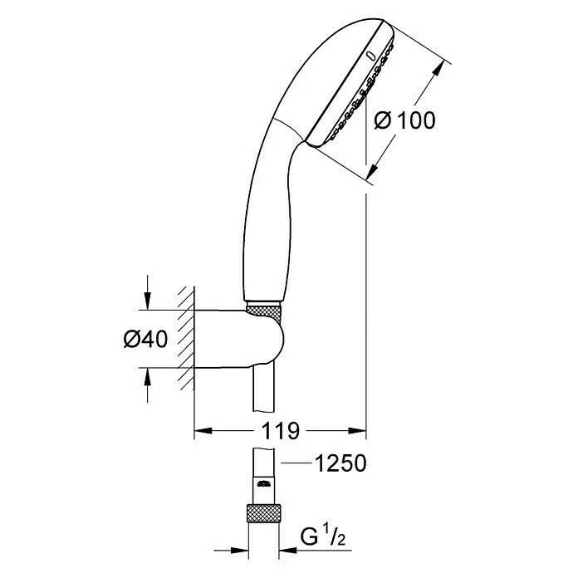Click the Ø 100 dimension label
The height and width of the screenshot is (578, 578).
click(x=405, y=120)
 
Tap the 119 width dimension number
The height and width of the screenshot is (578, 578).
click(x=281, y=431)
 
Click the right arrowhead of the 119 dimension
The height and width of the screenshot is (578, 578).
click(x=359, y=431)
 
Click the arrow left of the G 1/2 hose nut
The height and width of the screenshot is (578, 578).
click(x=242, y=550)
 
